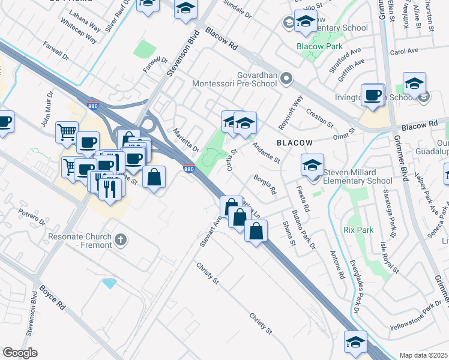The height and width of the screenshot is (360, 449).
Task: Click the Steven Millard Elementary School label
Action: point(358,176)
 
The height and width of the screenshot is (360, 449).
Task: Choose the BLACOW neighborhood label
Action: point(294,143)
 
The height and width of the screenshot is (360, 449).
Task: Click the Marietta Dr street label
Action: point(185,140)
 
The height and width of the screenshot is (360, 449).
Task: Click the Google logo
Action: point(20,353)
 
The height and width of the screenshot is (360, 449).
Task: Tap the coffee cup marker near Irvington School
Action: point(373,95)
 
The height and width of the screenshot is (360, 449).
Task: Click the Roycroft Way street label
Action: point(291,113)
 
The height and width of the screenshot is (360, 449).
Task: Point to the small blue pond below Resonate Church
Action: point(109,283)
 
